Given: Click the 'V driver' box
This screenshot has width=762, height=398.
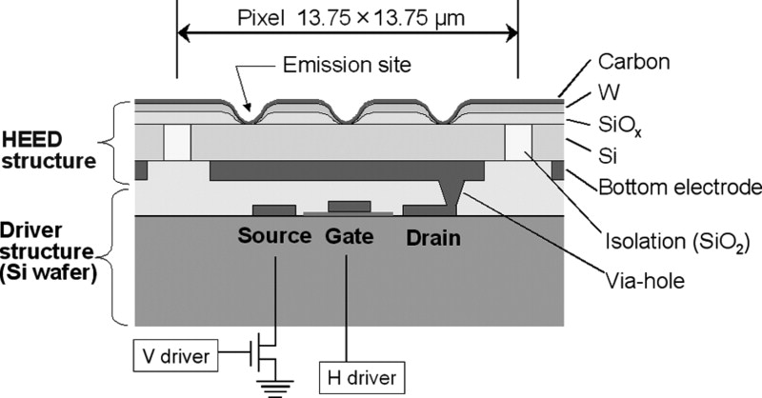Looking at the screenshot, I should click(176, 355).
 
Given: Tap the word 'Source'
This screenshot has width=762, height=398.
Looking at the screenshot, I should click(274, 236).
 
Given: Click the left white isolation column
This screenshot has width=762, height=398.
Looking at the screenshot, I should click(177, 143).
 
